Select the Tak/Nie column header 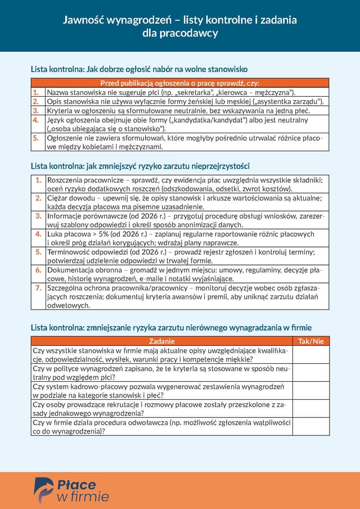pos(310,341)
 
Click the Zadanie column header pos(162,341)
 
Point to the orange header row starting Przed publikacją pos(179,83)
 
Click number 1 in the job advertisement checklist pos(35,92)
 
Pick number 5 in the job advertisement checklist pos(35,138)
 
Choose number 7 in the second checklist pos(38,287)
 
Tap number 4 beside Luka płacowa pos(38,233)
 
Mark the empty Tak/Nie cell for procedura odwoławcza pos(310,426)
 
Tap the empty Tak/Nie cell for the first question pos(310,355)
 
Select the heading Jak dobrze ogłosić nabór pos(139,69)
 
